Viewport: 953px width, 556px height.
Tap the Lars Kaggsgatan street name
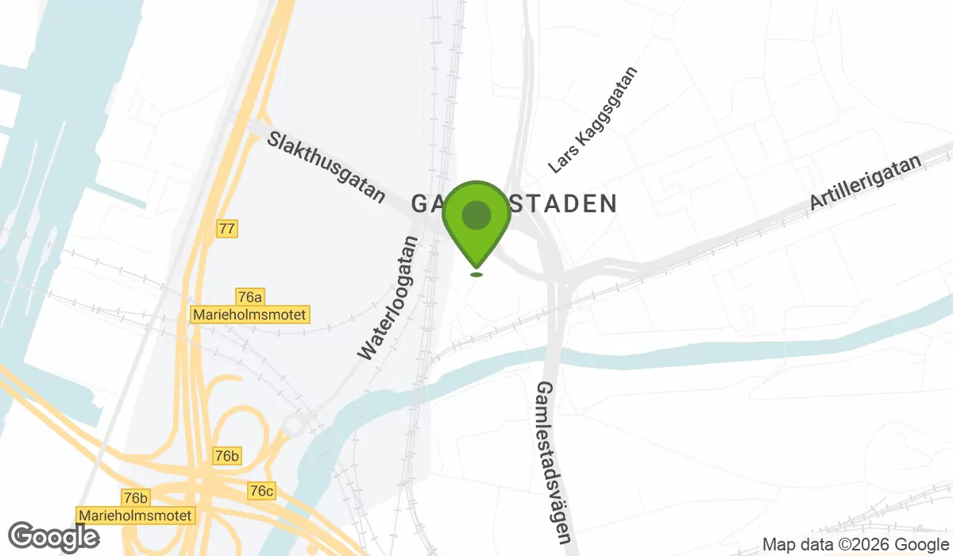[593, 120]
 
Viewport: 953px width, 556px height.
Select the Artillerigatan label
[865, 183]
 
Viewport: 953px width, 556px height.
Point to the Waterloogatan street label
[388, 298]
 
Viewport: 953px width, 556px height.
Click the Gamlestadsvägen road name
[555, 461]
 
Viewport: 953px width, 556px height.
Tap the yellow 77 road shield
[227, 229]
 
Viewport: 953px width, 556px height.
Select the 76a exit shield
[249, 297]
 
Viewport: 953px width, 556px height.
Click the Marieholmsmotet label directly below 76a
[249, 315]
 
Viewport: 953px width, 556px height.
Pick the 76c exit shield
[261, 491]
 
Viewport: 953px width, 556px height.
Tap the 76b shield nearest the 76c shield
[226, 456]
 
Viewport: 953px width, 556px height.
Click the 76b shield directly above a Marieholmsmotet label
[136, 498]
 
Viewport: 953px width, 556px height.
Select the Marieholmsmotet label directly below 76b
[136, 515]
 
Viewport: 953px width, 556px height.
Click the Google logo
[54, 539]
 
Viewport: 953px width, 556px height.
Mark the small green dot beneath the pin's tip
[476, 275]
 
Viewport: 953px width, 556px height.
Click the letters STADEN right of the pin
[564, 203]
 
